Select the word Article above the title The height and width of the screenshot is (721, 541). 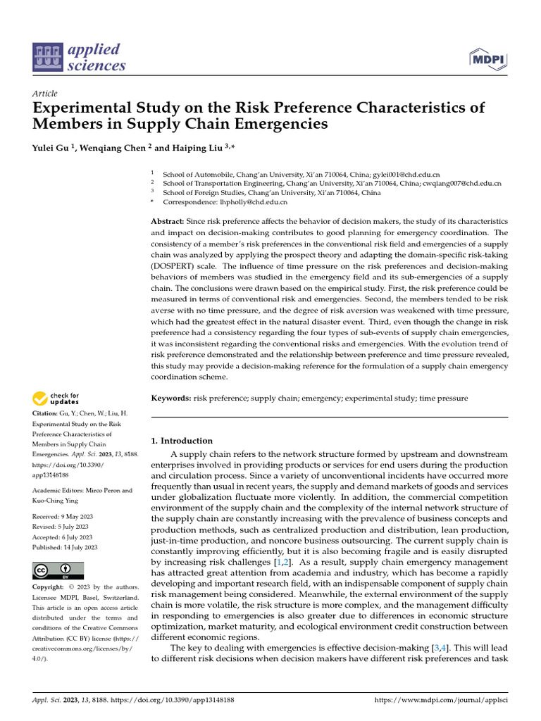(45, 94)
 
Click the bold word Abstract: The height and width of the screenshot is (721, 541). (170, 222)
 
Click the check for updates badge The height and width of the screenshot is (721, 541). (56, 399)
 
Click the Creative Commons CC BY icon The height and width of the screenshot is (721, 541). (58, 570)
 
